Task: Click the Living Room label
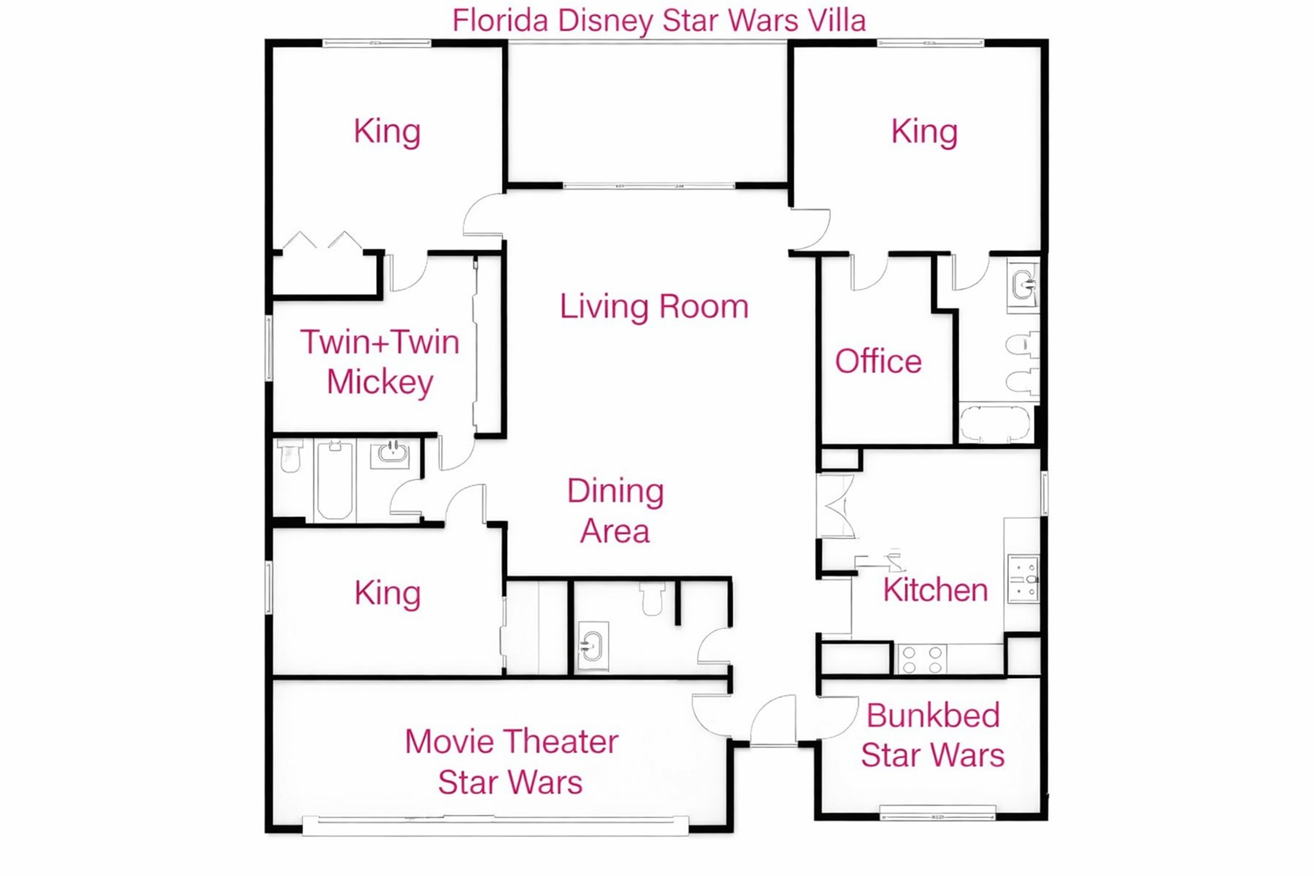(x=653, y=307)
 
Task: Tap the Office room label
(x=877, y=361)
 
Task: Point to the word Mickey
(x=380, y=383)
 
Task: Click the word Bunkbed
(x=933, y=716)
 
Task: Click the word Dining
(x=615, y=491)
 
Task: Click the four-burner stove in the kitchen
(x=922, y=659)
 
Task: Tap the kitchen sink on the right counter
(x=1023, y=579)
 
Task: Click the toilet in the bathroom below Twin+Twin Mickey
(x=290, y=455)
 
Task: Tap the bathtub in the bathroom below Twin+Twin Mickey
(x=335, y=480)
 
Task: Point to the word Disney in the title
(x=605, y=21)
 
